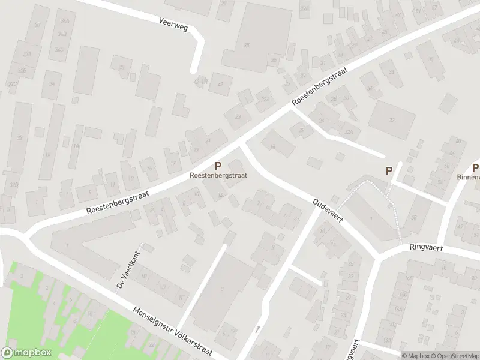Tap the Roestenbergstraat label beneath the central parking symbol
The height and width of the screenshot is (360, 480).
point(218,175)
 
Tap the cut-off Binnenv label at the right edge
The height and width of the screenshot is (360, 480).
point(469,177)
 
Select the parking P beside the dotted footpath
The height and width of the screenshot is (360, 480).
point(389,170)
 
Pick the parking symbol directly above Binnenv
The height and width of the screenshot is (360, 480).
point(475,167)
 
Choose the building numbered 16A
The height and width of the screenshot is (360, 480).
point(398,310)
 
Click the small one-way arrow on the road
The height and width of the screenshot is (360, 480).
point(257,328)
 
